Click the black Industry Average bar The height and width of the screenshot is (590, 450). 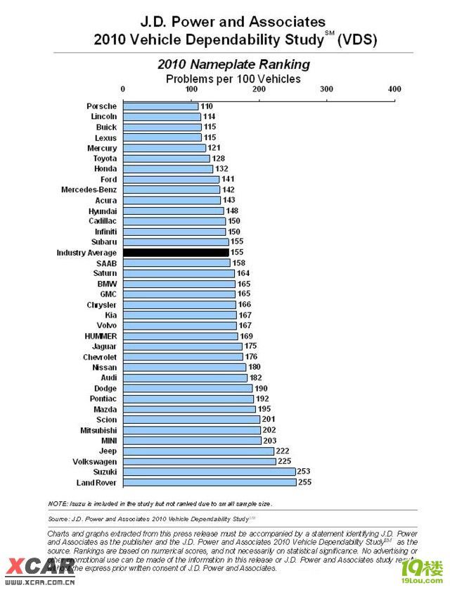click(x=176, y=252)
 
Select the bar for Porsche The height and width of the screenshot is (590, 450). click(x=160, y=106)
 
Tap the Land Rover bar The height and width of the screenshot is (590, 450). click(x=210, y=482)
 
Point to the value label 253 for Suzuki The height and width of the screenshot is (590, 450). click(x=304, y=472)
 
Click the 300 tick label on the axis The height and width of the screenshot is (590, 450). click(x=326, y=89)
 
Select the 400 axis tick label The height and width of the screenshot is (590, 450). click(x=394, y=89)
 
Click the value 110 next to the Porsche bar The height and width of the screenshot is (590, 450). click(x=207, y=106)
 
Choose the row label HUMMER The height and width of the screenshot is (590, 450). click(x=101, y=336)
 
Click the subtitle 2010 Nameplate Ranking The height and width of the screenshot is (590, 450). click(x=233, y=65)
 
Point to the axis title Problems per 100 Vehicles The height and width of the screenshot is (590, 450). click(x=233, y=79)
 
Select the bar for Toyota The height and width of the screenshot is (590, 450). click(x=167, y=158)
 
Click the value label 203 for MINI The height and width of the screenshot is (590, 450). click(x=270, y=441)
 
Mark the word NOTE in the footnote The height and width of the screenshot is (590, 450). click(x=58, y=504)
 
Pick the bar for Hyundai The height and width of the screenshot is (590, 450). click(x=174, y=211)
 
